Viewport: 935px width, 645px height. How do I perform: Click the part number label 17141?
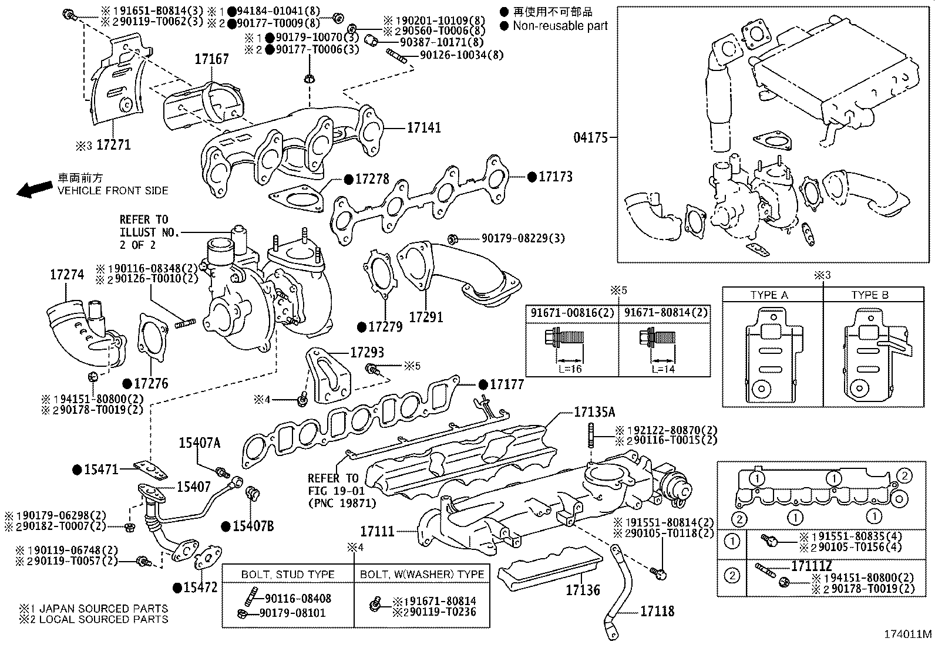[x=423, y=128]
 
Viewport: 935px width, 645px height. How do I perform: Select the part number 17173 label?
[x=555, y=177]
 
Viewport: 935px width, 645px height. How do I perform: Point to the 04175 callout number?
[x=591, y=137]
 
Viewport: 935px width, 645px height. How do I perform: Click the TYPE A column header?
[x=769, y=295]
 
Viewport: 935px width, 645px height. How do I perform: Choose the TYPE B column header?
[x=870, y=295]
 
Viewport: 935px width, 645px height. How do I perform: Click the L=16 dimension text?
[x=570, y=369]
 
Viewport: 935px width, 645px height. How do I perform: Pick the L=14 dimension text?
[x=663, y=369]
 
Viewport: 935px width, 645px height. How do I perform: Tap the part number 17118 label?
[x=657, y=611]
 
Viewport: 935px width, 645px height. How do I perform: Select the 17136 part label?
[x=583, y=590]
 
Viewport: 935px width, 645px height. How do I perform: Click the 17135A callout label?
[x=594, y=412]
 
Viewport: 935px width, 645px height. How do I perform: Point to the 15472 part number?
[x=200, y=587]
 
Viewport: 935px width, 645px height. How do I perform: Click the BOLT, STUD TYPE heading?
[x=288, y=575]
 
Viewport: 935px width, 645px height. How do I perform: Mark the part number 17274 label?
[x=67, y=275]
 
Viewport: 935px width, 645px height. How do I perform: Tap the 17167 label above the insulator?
[x=211, y=59]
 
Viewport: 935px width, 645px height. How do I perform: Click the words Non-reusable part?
[x=560, y=26]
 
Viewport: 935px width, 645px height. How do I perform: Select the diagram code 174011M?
[x=908, y=634]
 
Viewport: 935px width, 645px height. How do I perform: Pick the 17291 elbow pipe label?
[x=426, y=317]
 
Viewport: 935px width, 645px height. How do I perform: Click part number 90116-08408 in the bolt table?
[x=298, y=599]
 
